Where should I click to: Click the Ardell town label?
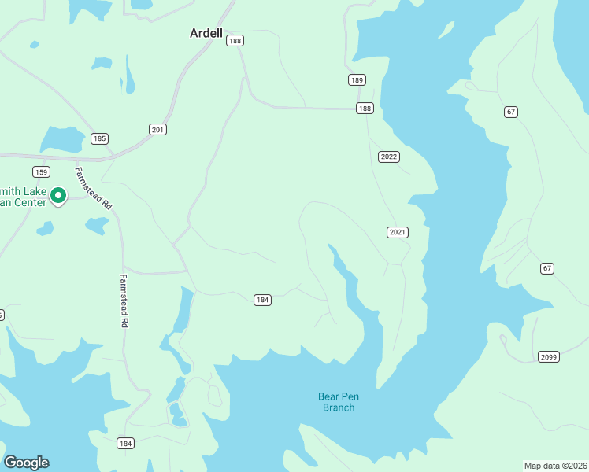pos(206,34)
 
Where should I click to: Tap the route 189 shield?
pos(357,80)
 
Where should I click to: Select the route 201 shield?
pos(157,129)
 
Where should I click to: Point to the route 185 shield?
pos(98,139)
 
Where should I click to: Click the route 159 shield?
pos(41,171)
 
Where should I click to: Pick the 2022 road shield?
pos(388,157)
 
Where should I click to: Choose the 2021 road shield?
pos(398,232)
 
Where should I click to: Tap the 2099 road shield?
pos(549,357)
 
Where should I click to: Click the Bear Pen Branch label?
pos(338,402)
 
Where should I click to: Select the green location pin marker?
pos(58,195)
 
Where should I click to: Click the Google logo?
pos(26,463)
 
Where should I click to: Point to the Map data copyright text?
pos(556,465)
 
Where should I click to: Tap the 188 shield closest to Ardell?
pos(235,41)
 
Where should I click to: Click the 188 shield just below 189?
pos(364,109)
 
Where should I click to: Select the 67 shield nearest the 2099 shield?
pos(547,268)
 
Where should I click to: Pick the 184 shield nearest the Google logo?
pos(125,444)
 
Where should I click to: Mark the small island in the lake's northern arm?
pos(446,30)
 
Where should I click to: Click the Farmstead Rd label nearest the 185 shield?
pos(94,186)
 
